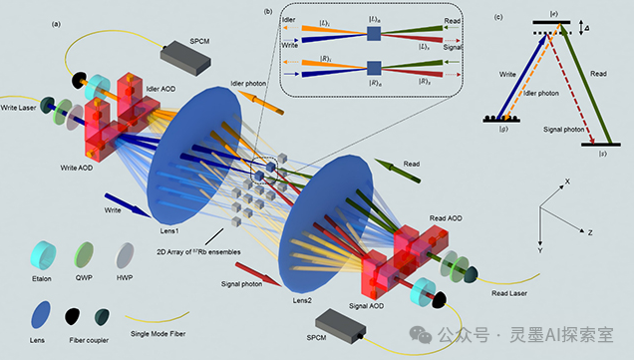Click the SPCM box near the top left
click(x=185, y=57)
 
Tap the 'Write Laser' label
click(x=18, y=108)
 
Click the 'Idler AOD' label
click(x=160, y=89)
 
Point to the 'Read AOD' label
click(x=446, y=218)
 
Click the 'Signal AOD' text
click(x=366, y=306)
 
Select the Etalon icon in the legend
click(x=43, y=255)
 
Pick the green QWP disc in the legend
click(x=84, y=255)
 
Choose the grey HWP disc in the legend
click(x=125, y=255)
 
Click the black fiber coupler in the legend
click(x=72, y=316)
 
